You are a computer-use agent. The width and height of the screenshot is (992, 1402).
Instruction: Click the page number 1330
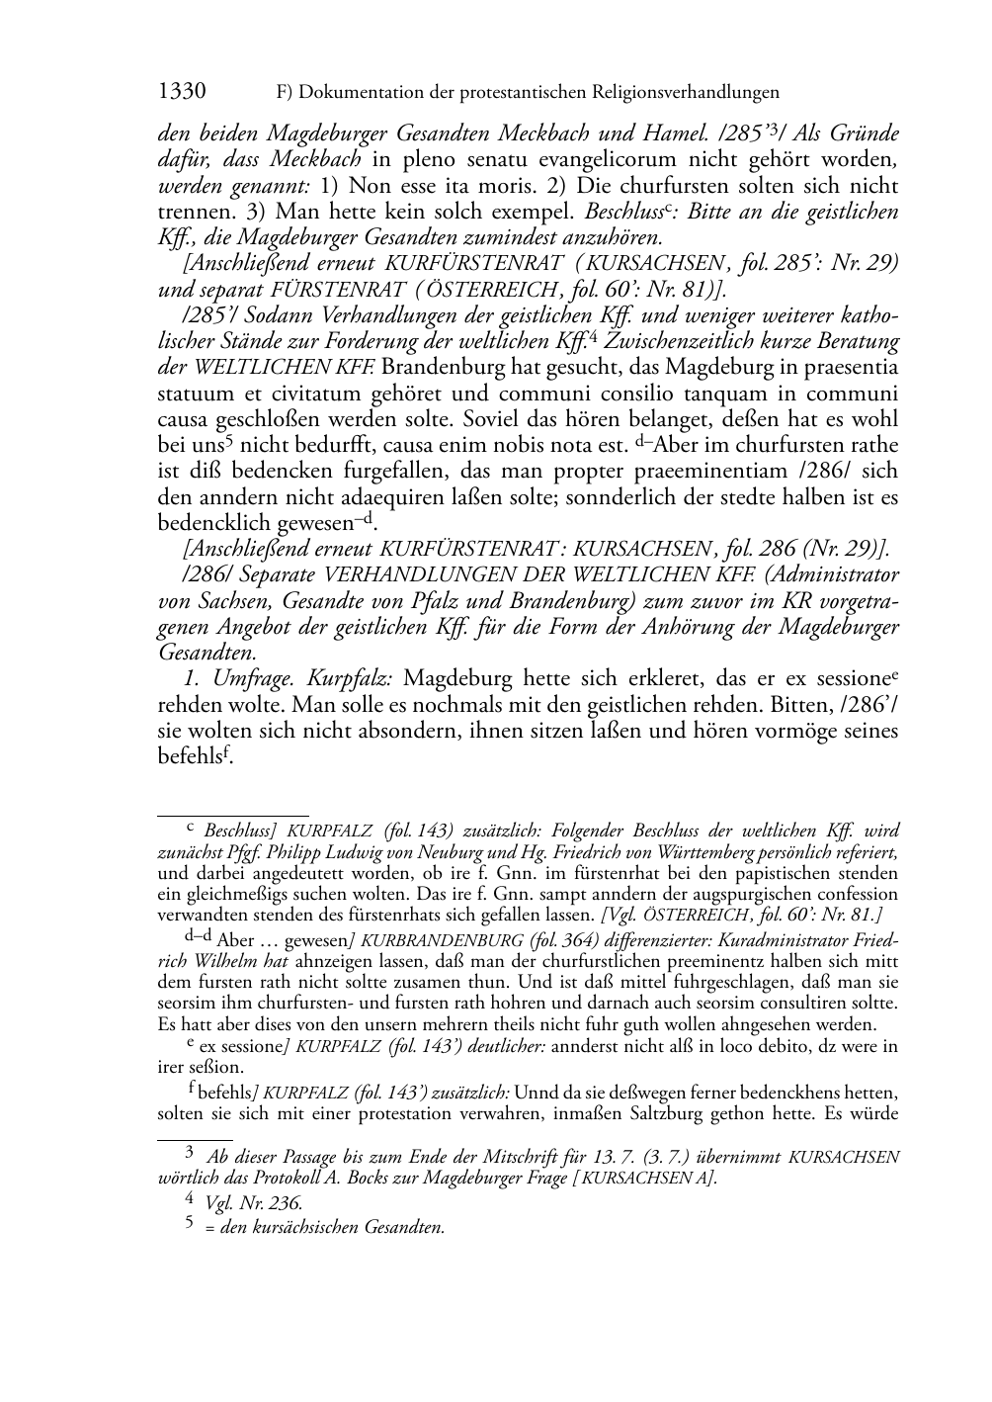click(x=182, y=92)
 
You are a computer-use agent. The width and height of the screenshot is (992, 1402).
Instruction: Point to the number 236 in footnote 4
click(x=286, y=1203)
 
